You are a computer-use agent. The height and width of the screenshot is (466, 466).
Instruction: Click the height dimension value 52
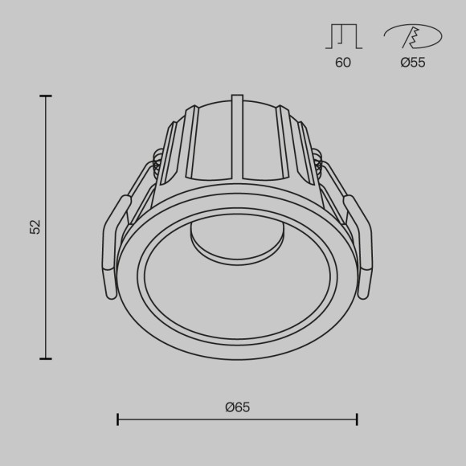click(x=35, y=227)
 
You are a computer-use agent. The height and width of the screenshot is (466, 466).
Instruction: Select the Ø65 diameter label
click(x=238, y=407)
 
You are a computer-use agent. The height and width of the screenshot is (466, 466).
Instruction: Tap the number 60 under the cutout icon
click(x=343, y=63)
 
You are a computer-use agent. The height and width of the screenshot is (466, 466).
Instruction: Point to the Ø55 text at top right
click(x=412, y=63)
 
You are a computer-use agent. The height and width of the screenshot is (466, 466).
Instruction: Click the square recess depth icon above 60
click(x=343, y=36)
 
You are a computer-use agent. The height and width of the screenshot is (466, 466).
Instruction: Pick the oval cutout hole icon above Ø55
click(x=412, y=36)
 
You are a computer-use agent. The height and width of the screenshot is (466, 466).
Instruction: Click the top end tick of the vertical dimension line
click(x=46, y=96)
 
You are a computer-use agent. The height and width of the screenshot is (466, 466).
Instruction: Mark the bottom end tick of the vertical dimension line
click(x=46, y=358)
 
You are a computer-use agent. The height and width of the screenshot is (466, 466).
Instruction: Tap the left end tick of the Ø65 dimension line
click(x=118, y=419)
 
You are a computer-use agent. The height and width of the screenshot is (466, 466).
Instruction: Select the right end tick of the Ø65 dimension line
click(x=357, y=419)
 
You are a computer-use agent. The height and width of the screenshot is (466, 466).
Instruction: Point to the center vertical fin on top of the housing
click(x=237, y=137)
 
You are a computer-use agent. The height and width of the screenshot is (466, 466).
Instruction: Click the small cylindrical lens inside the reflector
click(x=237, y=241)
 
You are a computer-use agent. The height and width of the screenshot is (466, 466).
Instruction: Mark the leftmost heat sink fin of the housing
click(x=169, y=153)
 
